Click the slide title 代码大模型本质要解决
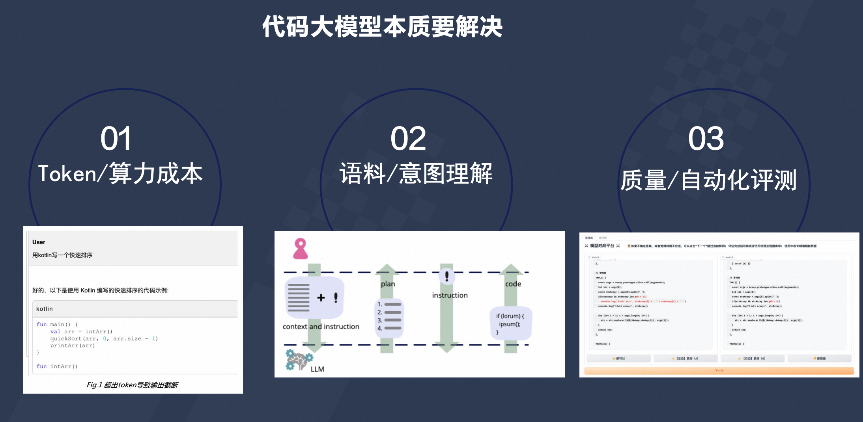(382, 27)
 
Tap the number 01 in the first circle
(116, 139)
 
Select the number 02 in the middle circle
(408, 139)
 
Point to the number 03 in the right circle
(706, 139)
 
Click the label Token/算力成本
(120, 174)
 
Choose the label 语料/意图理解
(416, 174)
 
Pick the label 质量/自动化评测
(708, 180)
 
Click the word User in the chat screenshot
(39, 242)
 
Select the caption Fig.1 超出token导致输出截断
(132, 385)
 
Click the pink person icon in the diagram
(300, 249)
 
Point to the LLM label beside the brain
(317, 369)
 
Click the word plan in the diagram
(388, 284)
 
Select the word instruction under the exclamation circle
(450, 296)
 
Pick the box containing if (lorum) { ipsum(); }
(510, 323)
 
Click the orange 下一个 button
(719, 371)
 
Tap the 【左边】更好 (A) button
(686, 359)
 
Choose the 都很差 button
(819, 359)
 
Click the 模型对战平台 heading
(602, 246)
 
